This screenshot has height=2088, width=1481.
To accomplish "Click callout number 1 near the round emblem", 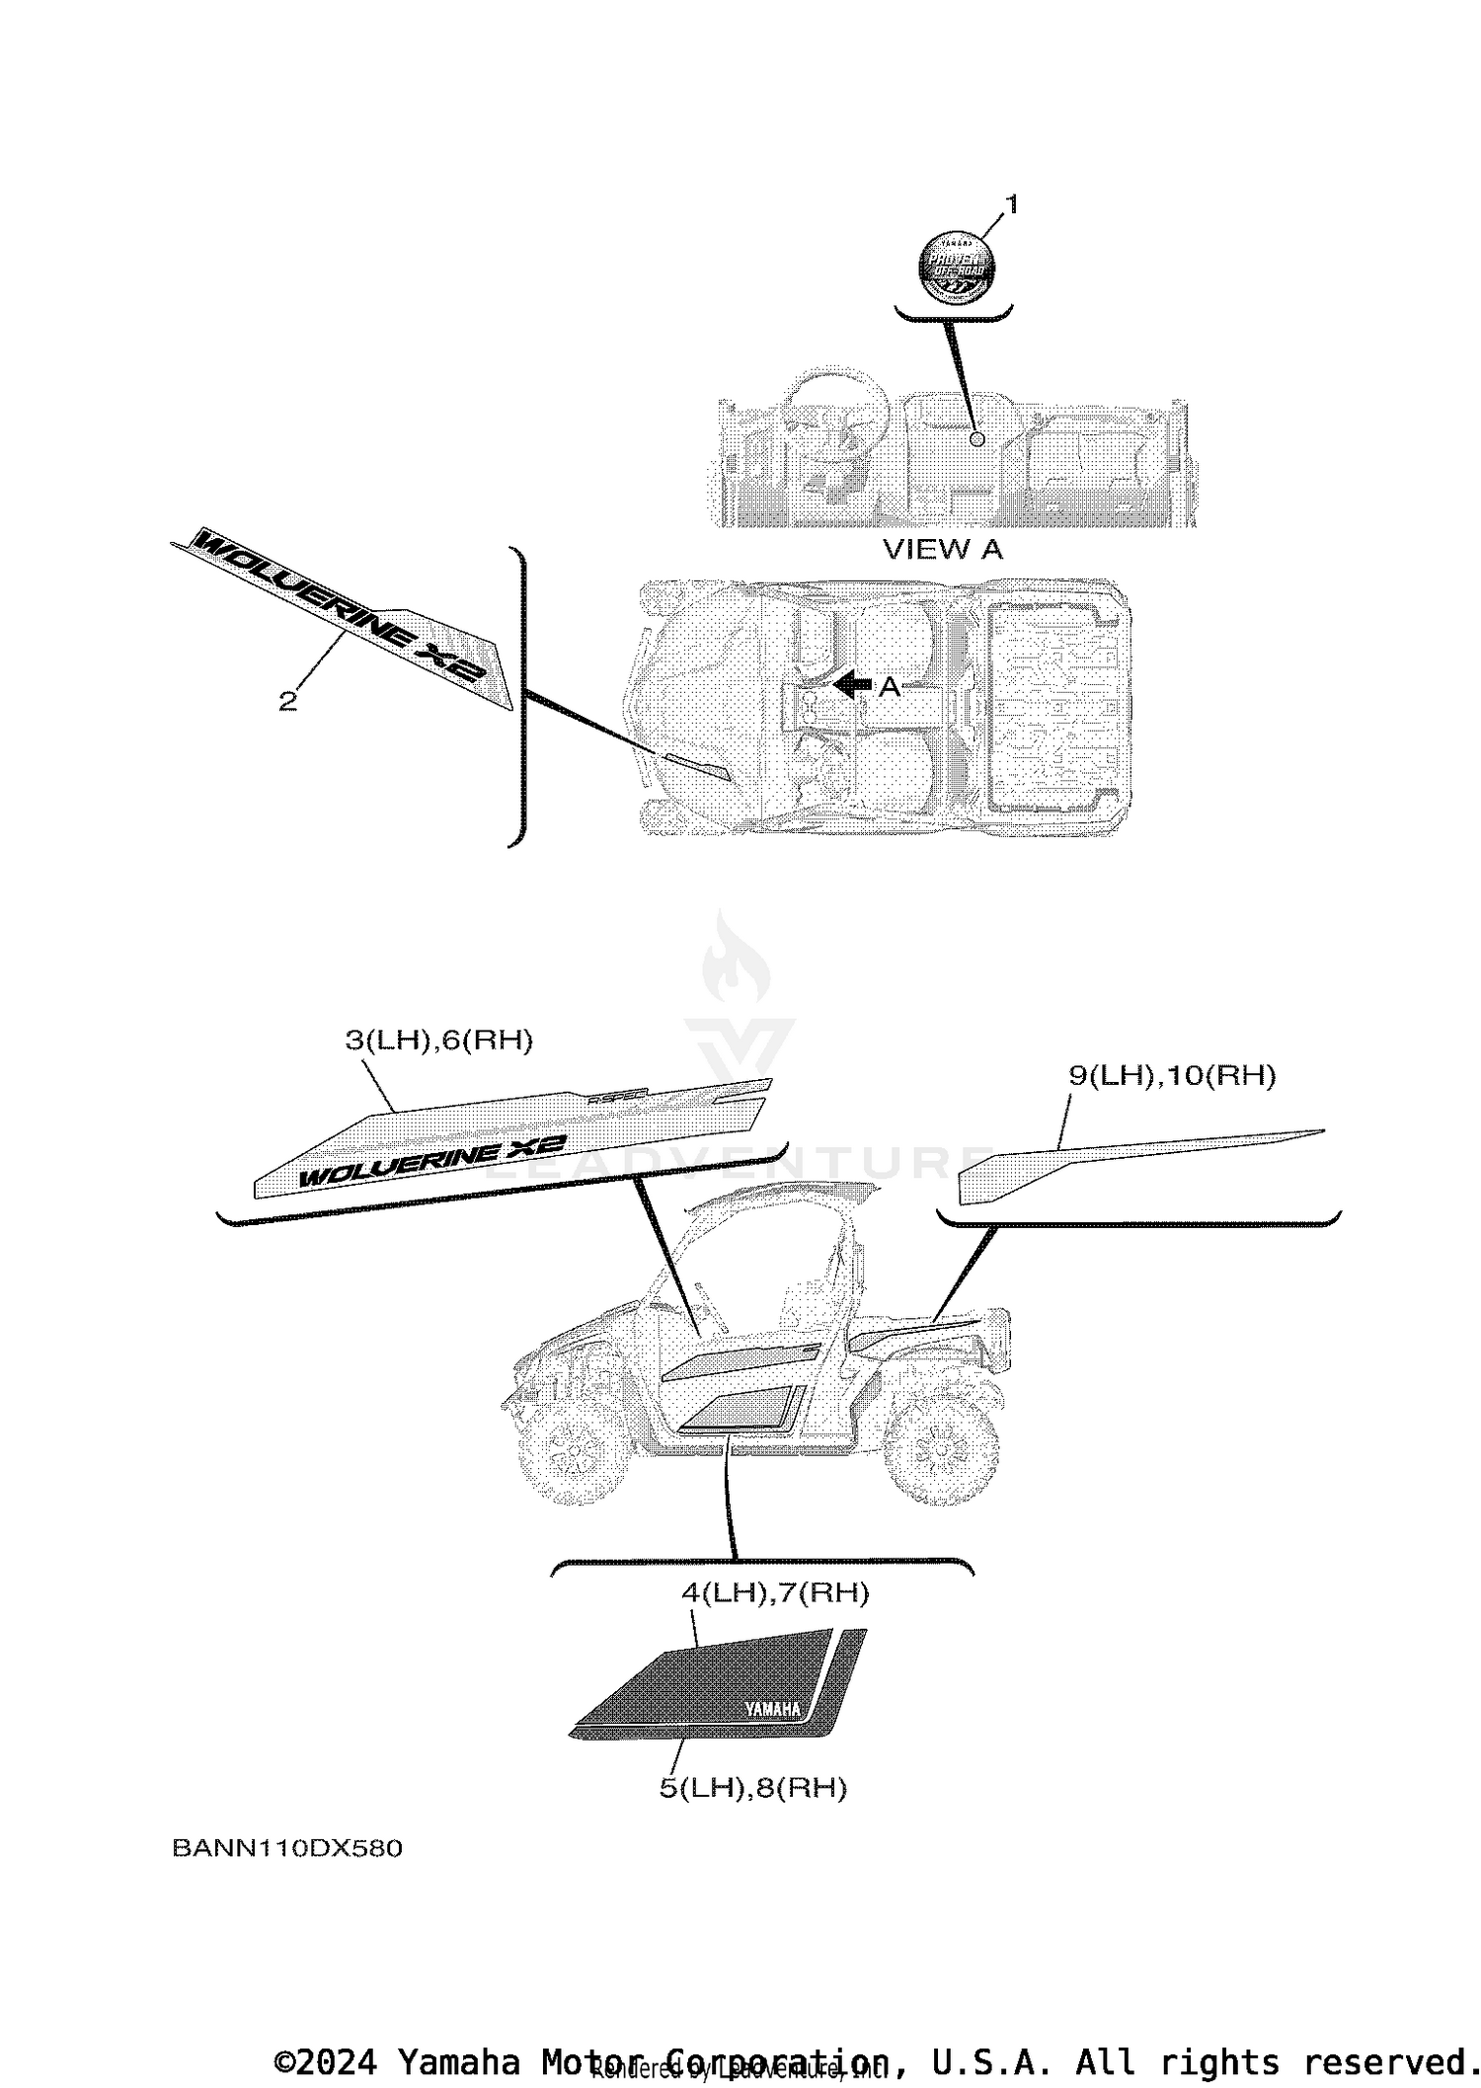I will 1010,204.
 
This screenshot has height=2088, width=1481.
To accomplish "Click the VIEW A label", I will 942,550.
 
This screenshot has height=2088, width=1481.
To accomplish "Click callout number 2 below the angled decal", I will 287,701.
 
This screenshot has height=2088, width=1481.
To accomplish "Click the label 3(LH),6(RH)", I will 438,1040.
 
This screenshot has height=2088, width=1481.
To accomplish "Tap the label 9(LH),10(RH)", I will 1172,1075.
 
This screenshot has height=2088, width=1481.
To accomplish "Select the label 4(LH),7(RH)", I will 775,1591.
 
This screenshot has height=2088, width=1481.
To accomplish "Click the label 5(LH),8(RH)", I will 752,1788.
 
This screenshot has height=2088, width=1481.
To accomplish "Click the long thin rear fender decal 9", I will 1135,1157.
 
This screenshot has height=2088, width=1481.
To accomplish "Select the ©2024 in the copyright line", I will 325,2062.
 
